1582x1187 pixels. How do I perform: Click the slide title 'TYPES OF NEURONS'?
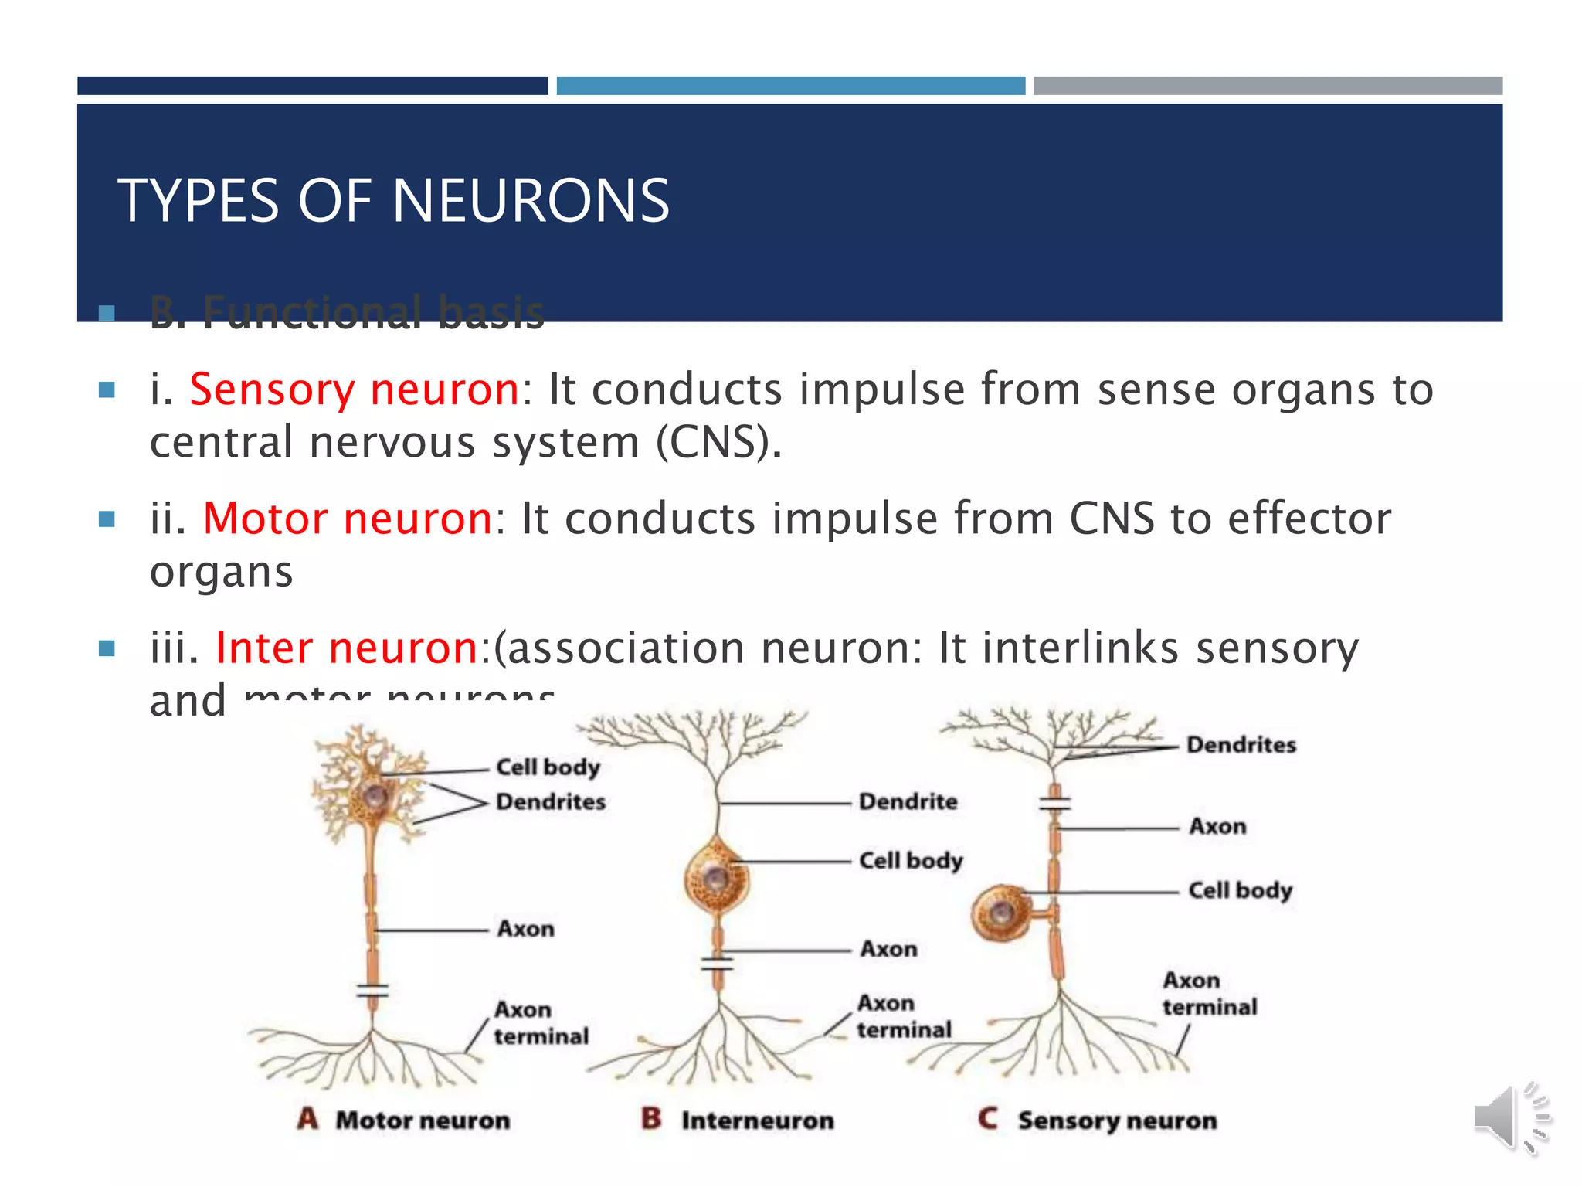393,201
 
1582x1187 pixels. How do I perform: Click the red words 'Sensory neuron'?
354,389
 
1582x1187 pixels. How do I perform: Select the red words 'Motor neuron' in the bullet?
348,518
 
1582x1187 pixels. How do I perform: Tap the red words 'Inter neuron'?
347,648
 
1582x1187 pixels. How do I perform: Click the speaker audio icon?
1509,1118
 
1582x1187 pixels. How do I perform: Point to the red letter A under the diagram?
307,1118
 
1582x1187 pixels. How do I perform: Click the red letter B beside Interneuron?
651,1118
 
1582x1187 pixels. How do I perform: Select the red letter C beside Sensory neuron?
988,1118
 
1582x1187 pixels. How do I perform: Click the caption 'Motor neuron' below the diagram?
423,1121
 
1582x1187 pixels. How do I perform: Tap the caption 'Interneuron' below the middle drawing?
757,1121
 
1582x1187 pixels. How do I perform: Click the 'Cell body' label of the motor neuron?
548,767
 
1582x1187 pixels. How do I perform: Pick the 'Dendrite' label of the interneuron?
908,801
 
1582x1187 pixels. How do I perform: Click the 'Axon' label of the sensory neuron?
1217,826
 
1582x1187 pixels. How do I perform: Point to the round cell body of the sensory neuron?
1001,913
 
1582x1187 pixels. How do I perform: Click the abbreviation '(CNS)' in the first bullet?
718,443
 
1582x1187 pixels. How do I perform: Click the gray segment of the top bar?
1268,86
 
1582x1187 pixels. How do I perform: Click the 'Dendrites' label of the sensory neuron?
1241,745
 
